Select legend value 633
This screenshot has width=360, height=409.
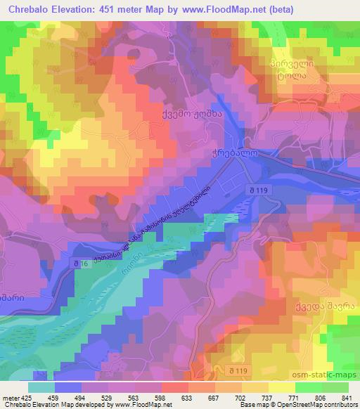point(167,398)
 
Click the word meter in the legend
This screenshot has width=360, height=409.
point(10,398)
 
